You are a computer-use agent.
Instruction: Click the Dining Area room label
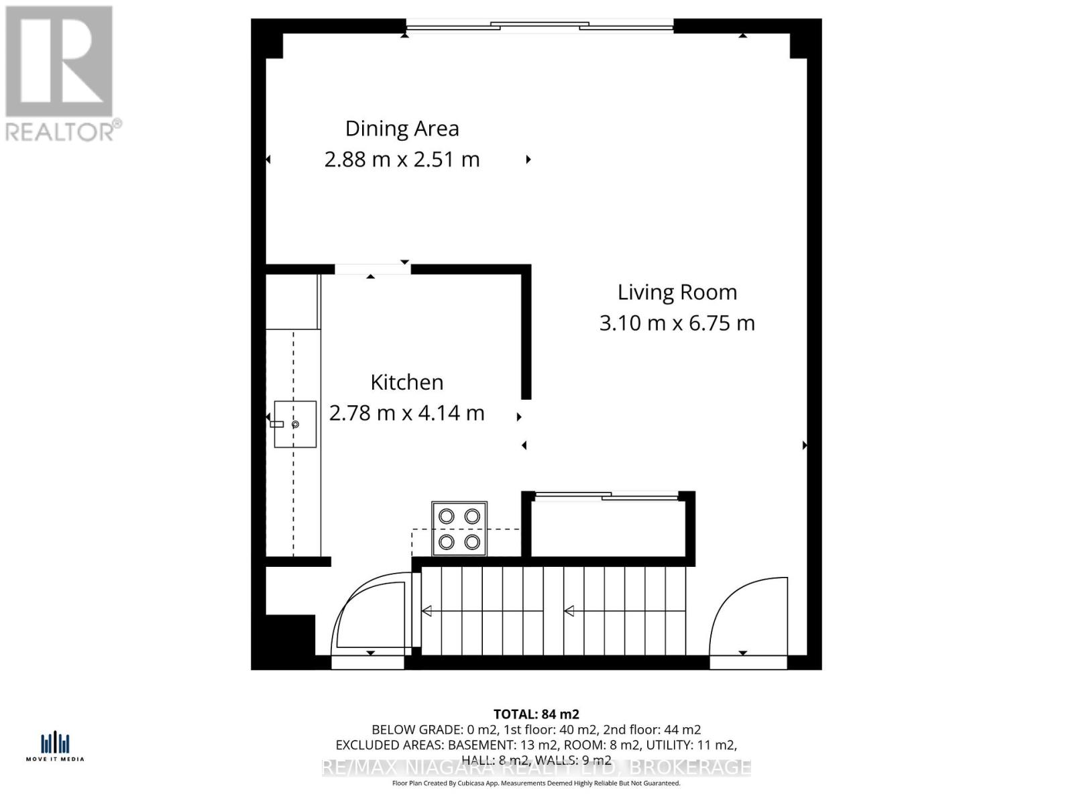(402, 128)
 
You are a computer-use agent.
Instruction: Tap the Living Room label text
(677, 292)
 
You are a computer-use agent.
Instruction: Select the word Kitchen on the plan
(406, 382)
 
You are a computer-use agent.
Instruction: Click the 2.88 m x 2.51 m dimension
(402, 160)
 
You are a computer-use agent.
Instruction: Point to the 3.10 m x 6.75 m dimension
(677, 323)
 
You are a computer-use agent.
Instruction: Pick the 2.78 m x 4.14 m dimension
(406, 413)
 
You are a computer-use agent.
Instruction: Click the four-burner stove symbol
(459, 528)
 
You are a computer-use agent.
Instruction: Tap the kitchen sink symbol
(294, 424)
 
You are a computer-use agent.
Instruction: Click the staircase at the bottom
(553, 610)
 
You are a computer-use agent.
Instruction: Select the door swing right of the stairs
(748, 617)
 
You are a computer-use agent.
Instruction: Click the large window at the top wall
(540, 26)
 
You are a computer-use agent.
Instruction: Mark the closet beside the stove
(608, 527)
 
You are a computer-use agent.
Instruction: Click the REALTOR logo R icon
(59, 62)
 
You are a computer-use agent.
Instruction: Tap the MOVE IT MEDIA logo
(55, 747)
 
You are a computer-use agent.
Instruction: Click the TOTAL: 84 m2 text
(536, 714)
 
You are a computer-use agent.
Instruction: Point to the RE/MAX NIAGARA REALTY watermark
(536, 767)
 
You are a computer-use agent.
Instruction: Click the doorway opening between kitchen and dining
(372, 269)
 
